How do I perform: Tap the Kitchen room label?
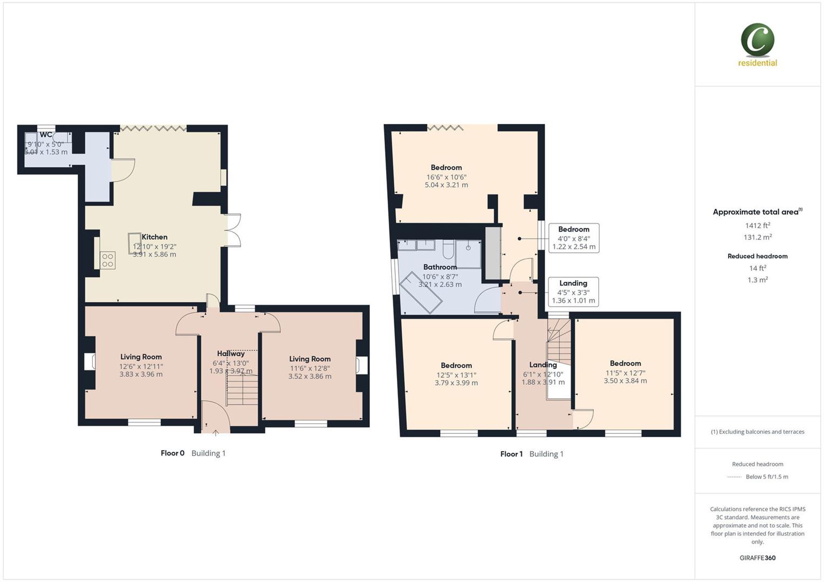point(154,237)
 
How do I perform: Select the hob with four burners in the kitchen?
point(107,260)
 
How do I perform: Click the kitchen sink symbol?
point(134,243)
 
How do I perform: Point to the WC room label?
point(46,135)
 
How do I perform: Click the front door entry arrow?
point(216,432)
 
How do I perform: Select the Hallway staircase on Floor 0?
point(242,389)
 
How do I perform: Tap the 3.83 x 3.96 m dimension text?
point(141,374)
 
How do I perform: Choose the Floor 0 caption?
point(173,453)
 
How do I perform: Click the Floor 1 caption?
point(511,454)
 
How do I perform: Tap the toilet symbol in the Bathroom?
point(448,250)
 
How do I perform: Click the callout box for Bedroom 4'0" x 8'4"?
point(574,238)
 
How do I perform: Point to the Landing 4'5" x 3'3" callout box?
point(573,292)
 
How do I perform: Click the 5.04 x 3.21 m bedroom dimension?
point(446,185)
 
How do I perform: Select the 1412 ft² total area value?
point(757,226)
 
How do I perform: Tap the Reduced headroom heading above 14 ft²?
point(757,256)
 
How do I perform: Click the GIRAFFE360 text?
point(757,558)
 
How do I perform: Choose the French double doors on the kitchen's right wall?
point(232,231)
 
